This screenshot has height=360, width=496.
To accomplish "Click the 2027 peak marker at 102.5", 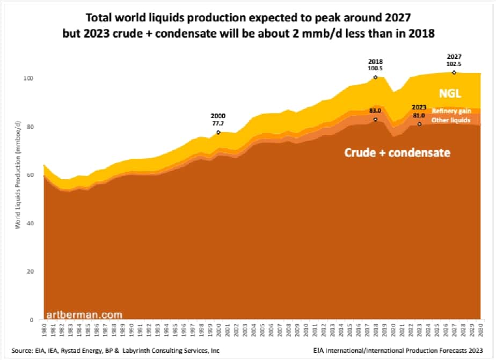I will pyautogui.click(x=454, y=72).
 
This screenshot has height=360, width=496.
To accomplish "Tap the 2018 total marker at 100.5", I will pyautogui.click(x=375, y=77).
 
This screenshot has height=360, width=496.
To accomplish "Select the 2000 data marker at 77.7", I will pyautogui.click(x=218, y=132).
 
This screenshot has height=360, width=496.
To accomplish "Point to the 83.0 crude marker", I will pyautogui.click(x=375, y=119).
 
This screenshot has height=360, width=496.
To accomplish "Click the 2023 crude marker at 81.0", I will pyautogui.click(x=419, y=124).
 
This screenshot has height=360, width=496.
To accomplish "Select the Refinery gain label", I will pyautogui.click(x=451, y=111).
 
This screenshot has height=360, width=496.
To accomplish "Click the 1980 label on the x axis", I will pyautogui.click(x=43, y=329).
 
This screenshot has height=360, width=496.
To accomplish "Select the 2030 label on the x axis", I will pyautogui.click(x=481, y=329).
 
